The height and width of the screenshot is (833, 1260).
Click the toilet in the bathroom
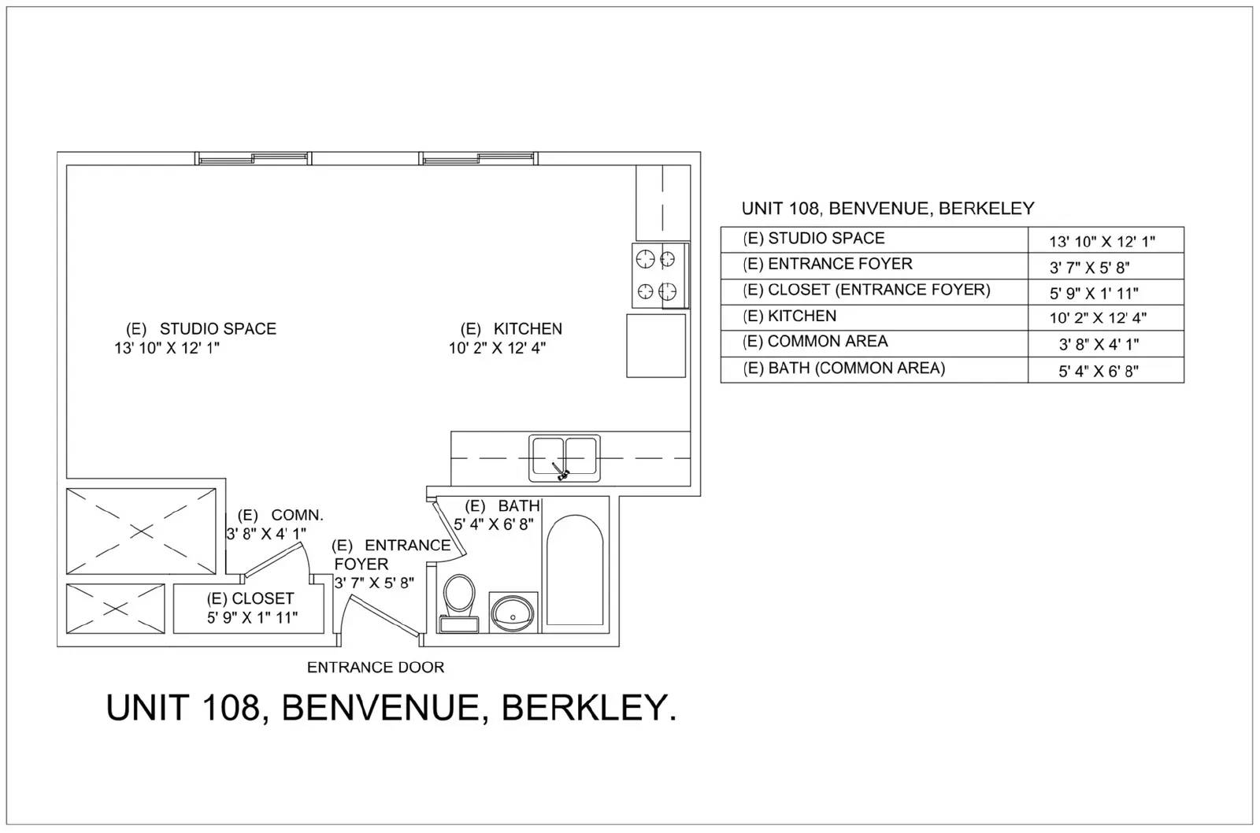click(459, 602)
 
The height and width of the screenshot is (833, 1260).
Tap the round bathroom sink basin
click(513, 613)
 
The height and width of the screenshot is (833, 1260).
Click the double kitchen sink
click(564, 458)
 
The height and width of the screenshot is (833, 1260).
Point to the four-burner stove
click(661, 276)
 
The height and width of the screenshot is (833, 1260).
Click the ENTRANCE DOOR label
click(376, 668)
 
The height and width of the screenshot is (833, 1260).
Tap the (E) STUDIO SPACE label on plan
click(201, 328)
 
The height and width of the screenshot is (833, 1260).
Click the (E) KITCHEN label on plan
click(511, 328)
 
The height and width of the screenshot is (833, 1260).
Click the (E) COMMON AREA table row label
click(815, 342)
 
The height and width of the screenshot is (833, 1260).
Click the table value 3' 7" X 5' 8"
click(1090, 268)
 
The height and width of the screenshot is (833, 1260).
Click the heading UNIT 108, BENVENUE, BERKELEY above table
click(888, 209)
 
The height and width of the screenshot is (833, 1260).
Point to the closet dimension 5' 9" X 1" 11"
click(252, 618)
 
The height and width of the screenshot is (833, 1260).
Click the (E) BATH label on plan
click(502, 505)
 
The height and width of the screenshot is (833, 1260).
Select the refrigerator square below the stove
click(656, 346)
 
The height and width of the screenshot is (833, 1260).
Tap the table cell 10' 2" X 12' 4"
click(1098, 318)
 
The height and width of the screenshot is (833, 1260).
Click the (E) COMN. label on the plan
click(280, 515)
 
